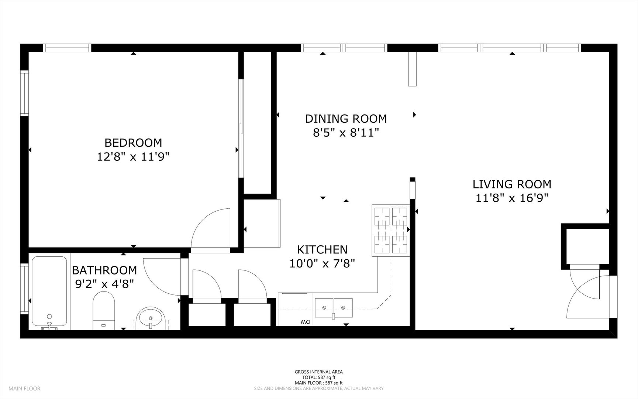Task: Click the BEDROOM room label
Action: [x=133, y=143]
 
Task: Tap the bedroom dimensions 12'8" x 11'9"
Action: [x=133, y=157]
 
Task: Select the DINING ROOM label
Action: [x=346, y=119]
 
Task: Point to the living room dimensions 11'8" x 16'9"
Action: [x=512, y=198]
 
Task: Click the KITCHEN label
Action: [x=322, y=250]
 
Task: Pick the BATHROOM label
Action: [x=104, y=270]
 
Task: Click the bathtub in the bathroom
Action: [x=49, y=292]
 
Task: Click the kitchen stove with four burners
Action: [x=390, y=231]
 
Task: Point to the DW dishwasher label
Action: [x=305, y=322]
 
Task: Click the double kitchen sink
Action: [x=334, y=308]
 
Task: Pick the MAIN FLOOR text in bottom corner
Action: [x=24, y=388]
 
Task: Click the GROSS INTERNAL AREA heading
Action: [x=319, y=372]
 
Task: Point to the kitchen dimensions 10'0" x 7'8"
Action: [x=322, y=264]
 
